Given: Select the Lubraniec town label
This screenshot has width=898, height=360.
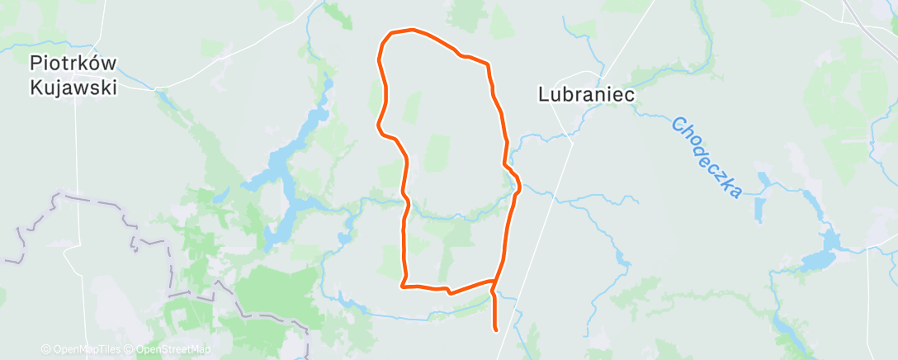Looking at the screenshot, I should (x=586, y=95).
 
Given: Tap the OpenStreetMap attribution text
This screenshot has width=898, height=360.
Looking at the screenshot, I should (x=168, y=349).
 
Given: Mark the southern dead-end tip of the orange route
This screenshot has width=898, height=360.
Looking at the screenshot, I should (x=495, y=329).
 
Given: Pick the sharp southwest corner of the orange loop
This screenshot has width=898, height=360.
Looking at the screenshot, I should (x=402, y=287).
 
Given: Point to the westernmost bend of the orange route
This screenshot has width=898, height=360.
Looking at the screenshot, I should (x=378, y=126).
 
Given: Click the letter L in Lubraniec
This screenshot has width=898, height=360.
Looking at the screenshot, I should (x=544, y=95).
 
